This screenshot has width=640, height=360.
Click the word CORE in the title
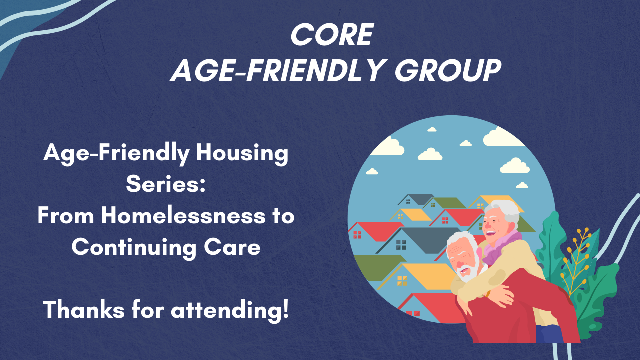point(332,35)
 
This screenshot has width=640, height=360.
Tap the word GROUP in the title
point(448,70)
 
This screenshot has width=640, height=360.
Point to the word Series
point(165,184)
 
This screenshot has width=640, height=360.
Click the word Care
point(234,247)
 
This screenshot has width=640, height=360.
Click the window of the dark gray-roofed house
point(401,245)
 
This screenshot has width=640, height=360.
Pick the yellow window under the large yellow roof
point(402,280)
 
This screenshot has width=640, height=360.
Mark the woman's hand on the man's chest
point(502,299)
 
